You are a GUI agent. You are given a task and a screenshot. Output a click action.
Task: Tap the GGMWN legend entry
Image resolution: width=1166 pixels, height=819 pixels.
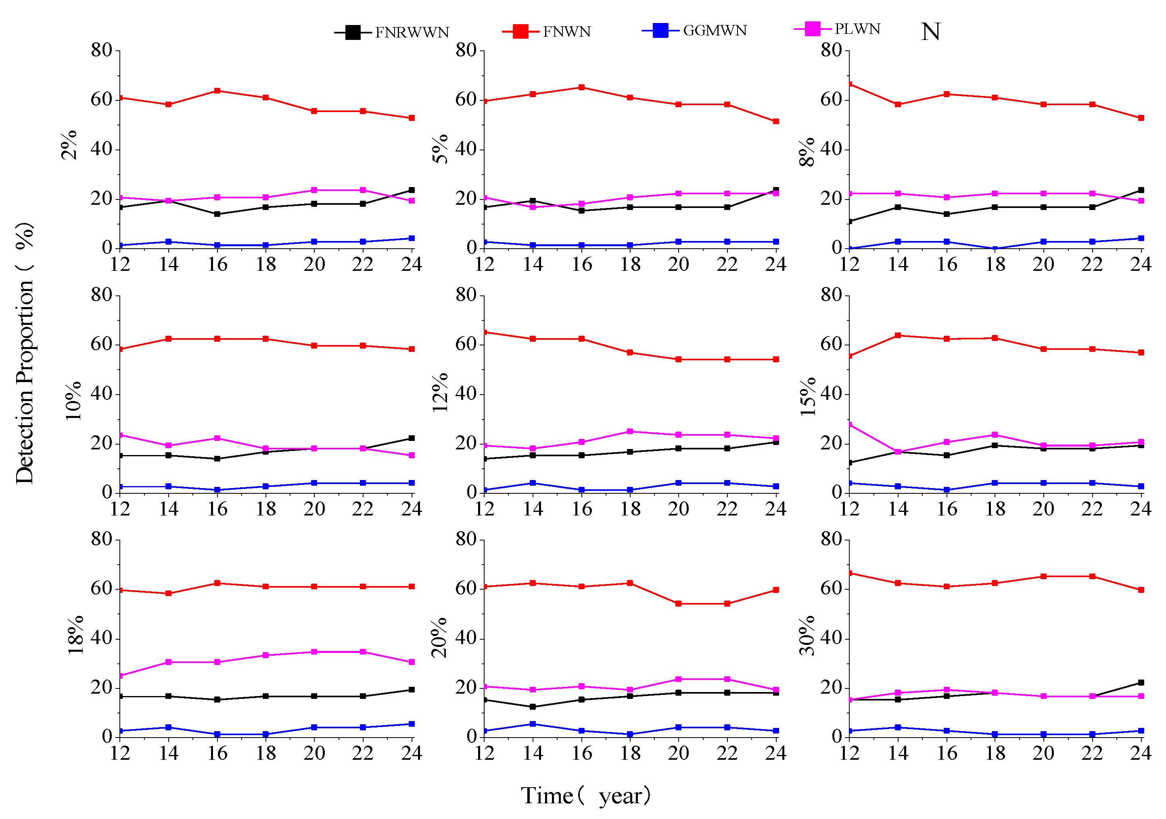694,31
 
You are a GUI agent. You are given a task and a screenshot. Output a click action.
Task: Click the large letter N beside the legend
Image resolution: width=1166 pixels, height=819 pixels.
930,31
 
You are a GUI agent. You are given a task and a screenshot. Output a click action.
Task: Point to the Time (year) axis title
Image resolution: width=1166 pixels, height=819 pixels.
585,795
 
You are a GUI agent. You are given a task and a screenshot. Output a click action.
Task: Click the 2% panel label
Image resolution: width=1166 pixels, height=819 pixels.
69,145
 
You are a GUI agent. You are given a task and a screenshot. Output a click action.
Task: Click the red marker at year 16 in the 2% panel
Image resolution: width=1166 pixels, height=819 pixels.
217,91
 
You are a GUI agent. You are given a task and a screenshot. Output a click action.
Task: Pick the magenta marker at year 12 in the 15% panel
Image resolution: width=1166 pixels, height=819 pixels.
850,425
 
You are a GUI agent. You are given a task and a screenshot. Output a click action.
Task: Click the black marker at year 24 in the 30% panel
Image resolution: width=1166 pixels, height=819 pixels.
1141,682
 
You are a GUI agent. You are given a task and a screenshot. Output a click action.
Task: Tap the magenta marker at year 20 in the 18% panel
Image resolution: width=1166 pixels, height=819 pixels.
314,652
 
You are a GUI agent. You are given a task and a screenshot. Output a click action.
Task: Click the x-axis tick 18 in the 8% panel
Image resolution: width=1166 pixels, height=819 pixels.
995,264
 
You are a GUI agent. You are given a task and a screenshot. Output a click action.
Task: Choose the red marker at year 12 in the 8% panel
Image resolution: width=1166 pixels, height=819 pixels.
850,84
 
